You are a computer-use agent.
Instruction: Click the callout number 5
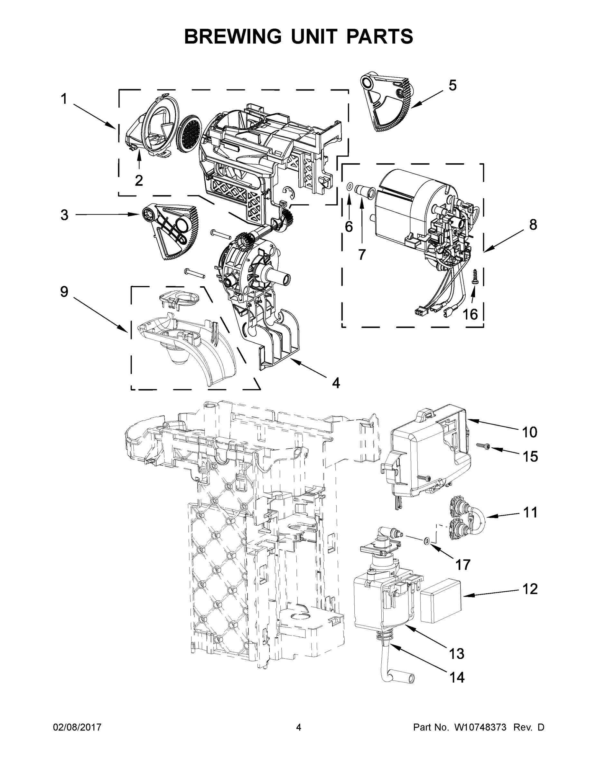point(452,85)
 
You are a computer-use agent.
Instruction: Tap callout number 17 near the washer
point(462,565)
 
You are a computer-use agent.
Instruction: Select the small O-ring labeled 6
point(349,186)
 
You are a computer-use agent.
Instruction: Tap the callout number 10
point(529,432)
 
